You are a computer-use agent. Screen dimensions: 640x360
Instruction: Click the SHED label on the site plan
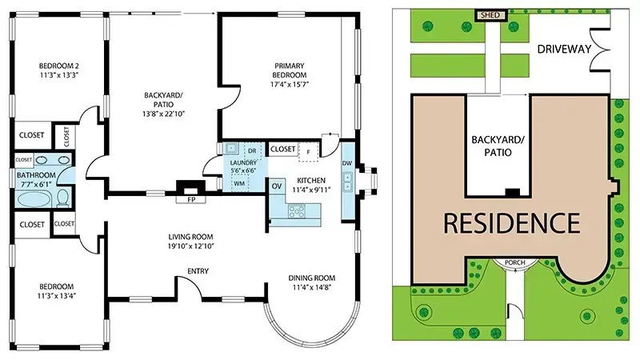pyautogui.click(x=490, y=15)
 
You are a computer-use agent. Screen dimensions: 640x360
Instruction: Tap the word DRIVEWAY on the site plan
pyautogui.click(x=564, y=50)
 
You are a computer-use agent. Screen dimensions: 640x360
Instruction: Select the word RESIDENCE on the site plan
pyautogui.click(x=512, y=223)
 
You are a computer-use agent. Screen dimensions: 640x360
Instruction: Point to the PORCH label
pyautogui.click(x=514, y=262)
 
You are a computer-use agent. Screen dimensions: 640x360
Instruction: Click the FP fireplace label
pyautogui.click(x=190, y=199)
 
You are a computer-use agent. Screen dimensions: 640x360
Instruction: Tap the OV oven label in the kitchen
pyautogui.click(x=277, y=186)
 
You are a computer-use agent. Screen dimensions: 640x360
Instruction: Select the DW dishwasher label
pyautogui.click(x=347, y=163)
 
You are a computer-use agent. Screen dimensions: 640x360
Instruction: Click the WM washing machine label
pyautogui.click(x=239, y=184)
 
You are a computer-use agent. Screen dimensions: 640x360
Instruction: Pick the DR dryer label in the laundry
pyautogui.click(x=252, y=151)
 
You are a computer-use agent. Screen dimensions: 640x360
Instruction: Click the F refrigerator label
pyautogui.click(x=308, y=152)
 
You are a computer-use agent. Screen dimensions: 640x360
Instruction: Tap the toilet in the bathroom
pyautogui.click(x=63, y=198)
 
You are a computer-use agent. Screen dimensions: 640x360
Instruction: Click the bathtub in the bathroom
pyautogui.click(x=34, y=200)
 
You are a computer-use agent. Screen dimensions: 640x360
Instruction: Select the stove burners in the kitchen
pyautogui.click(x=297, y=211)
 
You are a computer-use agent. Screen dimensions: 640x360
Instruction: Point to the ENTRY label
pyautogui.click(x=198, y=271)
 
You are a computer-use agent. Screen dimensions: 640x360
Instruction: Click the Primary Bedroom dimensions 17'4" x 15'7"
pyautogui.click(x=290, y=85)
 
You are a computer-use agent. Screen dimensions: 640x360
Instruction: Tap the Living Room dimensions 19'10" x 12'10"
pyautogui.click(x=190, y=246)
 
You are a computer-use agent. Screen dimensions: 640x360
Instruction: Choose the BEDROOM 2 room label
pyautogui.click(x=58, y=66)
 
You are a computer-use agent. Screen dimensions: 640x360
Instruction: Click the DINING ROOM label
pyautogui.click(x=312, y=278)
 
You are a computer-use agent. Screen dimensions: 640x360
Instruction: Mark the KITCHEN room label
pyautogui.click(x=311, y=181)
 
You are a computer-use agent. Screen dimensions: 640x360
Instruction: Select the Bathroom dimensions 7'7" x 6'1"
pyautogui.click(x=35, y=184)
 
